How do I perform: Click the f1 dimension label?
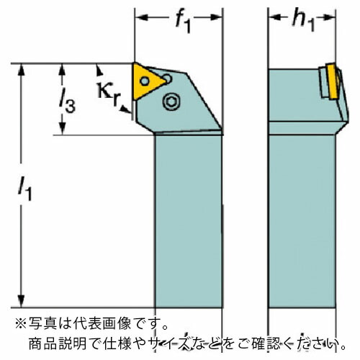[x=183, y=22]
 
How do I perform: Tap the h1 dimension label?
[x=303, y=20]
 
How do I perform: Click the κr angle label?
[x=109, y=94]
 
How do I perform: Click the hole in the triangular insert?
[x=145, y=81]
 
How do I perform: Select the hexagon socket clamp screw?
[x=171, y=102]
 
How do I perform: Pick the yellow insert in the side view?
[x=332, y=81]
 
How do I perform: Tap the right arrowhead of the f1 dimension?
[x=217, y=17]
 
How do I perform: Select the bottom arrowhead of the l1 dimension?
[x=22, y=300]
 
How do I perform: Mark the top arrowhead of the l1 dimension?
[x=22, y=71]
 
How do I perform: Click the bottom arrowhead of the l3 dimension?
[x=63, y=128]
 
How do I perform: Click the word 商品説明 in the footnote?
[x=58, y=343]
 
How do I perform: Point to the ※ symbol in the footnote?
[x=21, y=323]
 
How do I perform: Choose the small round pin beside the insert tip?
[x=167, y=78]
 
